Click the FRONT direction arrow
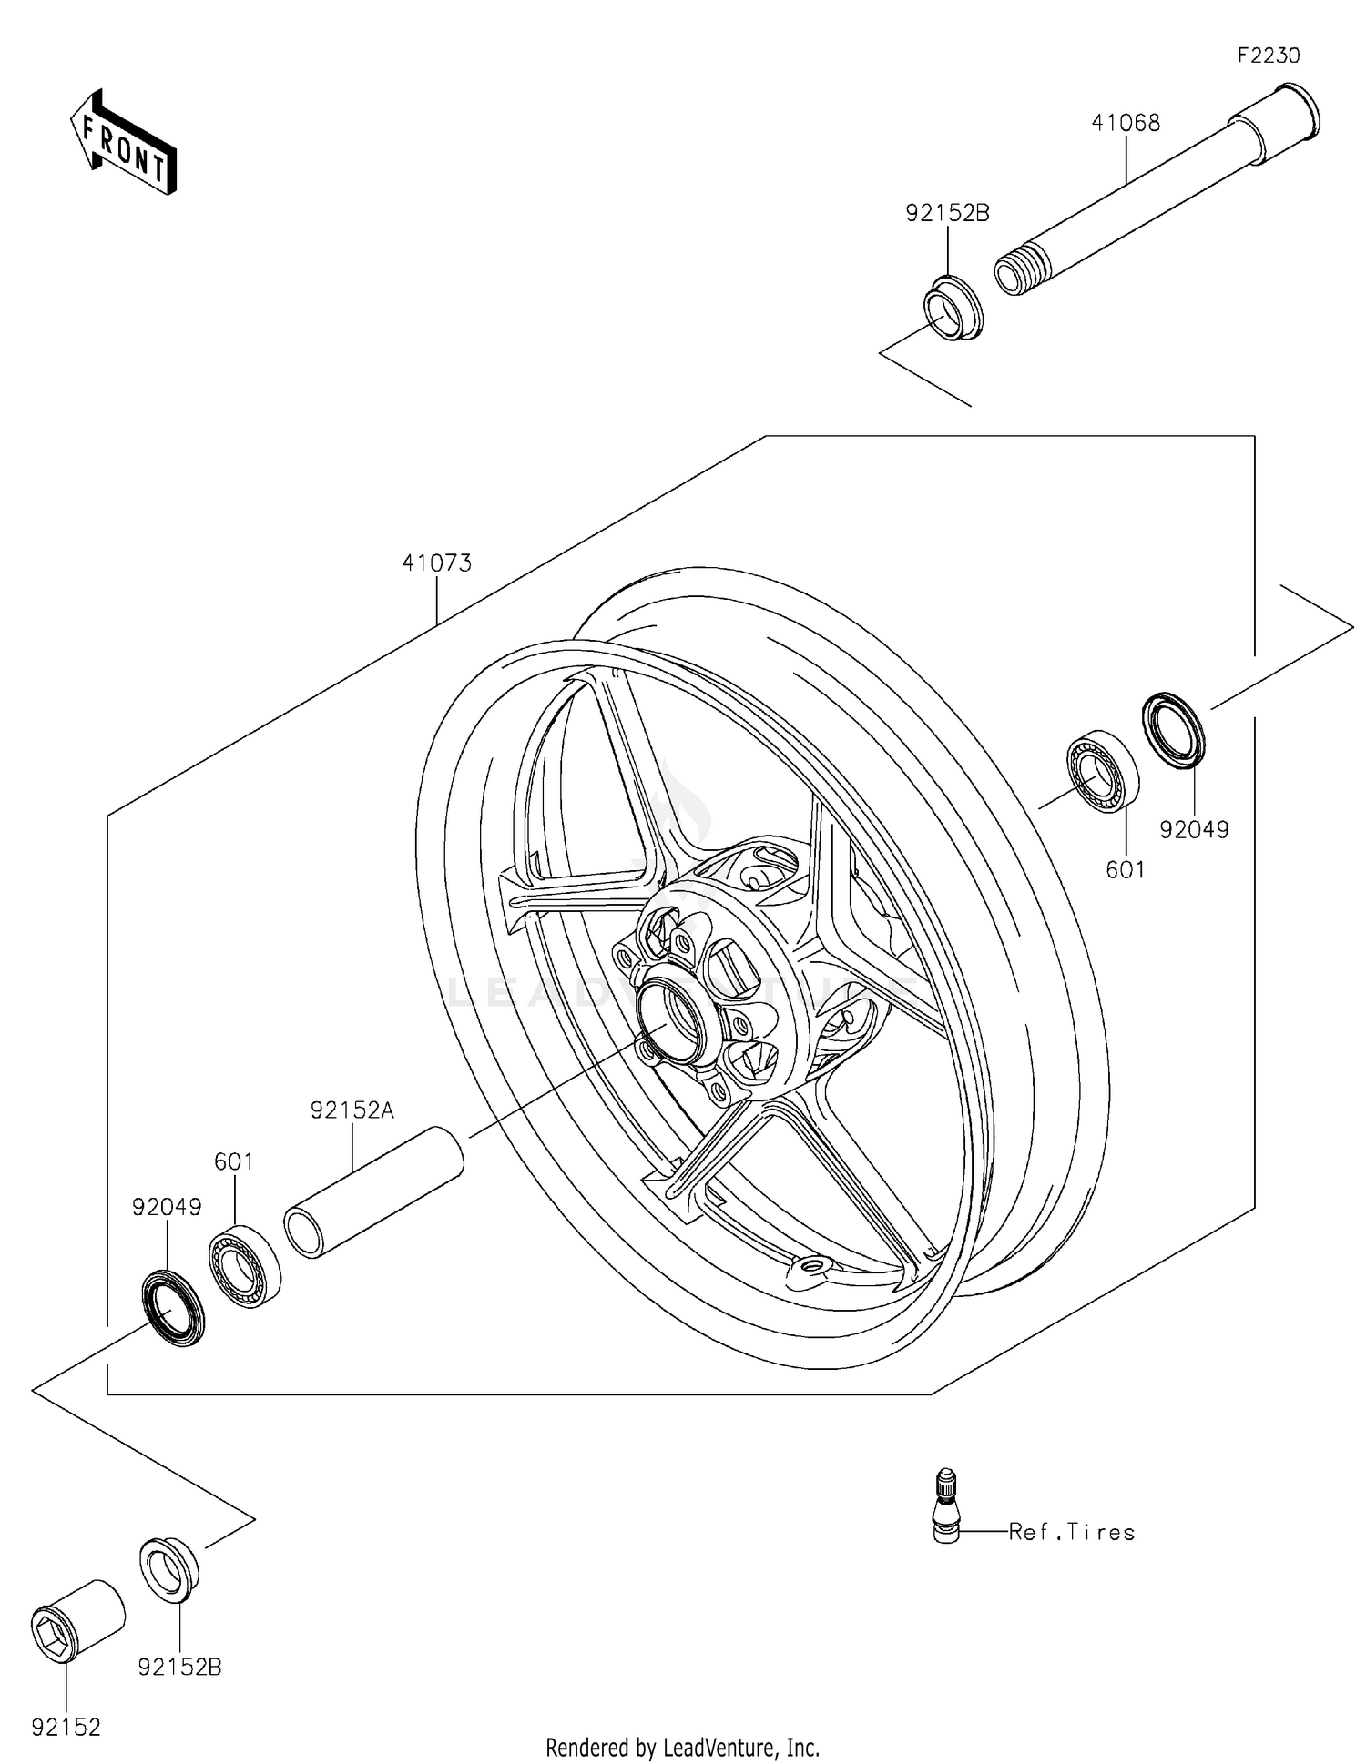(124, 144)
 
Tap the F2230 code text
(1268, 56)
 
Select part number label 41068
(1126, 123)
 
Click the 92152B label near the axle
(947, 213)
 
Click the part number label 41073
(437, 563)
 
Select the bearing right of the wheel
(1102, 771)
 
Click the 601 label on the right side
(1125, 870)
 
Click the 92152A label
(352, 1110)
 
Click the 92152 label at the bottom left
(66, 1727)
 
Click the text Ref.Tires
(1072, 1532)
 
